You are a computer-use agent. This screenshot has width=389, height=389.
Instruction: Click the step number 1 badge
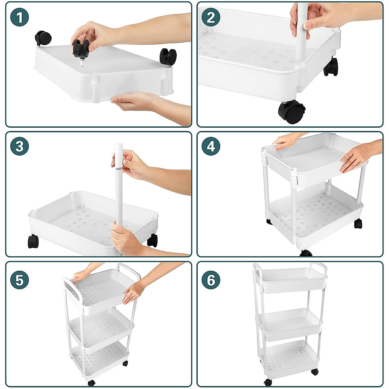(19, 17)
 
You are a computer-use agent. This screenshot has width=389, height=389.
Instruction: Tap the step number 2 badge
(211, 17)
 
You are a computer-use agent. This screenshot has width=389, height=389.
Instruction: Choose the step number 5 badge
(19, 280)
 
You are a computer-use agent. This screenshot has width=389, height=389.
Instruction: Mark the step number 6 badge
(211, 280)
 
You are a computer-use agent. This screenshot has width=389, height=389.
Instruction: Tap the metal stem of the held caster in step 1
(82, 62)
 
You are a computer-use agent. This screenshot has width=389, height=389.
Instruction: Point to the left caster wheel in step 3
(33, 242)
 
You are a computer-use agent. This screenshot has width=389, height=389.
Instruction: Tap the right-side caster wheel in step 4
(358, 223)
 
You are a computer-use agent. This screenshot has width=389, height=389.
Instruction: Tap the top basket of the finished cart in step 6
(290, 280)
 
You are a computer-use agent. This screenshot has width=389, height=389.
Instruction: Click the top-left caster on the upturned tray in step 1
(43, 38)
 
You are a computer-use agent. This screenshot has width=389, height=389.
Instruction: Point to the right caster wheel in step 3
(152, 241)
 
